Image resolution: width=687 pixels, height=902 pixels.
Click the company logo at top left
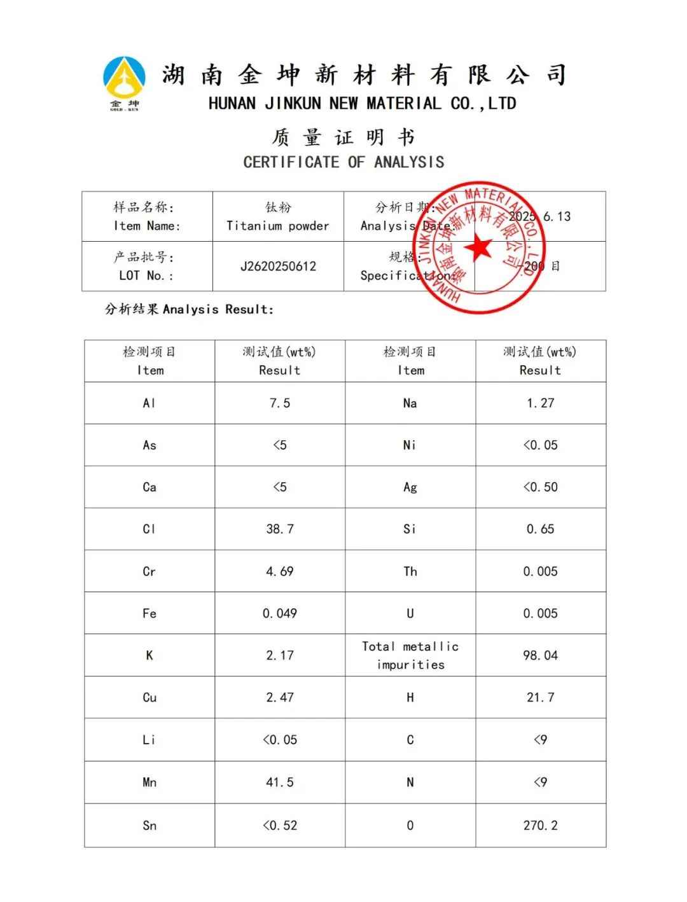click(x=124, y=83)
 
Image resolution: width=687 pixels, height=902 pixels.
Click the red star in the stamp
click(x=478, y=246)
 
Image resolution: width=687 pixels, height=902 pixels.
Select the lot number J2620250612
click(x=278, y=267)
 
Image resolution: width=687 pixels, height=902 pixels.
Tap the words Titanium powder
click(x=278, y=226)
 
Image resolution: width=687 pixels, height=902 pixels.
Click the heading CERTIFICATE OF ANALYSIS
click(x=343, y=162)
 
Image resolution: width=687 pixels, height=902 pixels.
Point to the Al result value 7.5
click(x=280, y=403)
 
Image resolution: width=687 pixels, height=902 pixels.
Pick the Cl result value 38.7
click(x=280, y=529)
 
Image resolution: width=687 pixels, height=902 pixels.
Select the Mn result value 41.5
click(x=280, y=782)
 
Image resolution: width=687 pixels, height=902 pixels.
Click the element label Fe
click(x=149, y=614)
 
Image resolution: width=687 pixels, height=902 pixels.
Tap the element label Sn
click(x=149, y=826)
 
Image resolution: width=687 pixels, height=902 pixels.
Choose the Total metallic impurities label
click(x=410, y=655)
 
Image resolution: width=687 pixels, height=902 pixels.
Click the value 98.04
click(x=540, y=655)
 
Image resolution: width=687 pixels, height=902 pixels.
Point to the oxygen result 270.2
click(x=540, y=826)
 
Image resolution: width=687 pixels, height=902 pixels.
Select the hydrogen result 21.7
click(x=540, y=698)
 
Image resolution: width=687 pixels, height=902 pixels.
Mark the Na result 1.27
click(x=540, y=403)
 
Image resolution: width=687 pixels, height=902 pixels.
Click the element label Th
click(x=410, y=571)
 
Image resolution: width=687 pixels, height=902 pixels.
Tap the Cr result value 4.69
click(x=280, y=571)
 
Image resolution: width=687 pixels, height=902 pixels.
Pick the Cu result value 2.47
click(x=280, y=698)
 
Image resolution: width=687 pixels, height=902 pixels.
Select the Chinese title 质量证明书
click(x=343, y=137)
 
